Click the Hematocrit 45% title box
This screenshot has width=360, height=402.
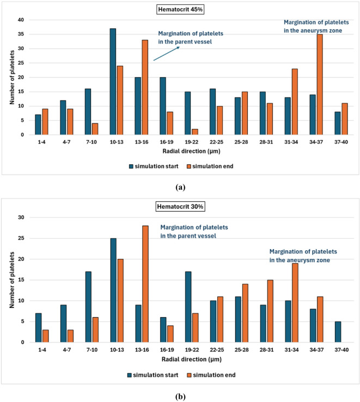point(180,9)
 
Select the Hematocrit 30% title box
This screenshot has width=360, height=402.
point(180,207)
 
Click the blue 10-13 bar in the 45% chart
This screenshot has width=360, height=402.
point(113,82)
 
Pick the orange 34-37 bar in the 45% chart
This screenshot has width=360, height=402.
point(320,85)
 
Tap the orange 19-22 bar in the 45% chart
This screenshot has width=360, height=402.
point(195,132)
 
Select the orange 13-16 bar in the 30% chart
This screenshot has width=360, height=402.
point(145,284)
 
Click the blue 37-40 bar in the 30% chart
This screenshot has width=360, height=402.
point(338,332)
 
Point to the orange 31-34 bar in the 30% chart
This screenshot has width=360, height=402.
point(295,303)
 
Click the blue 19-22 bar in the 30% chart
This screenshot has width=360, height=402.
point(188,307)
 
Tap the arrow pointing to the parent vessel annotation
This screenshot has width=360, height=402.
point(166,54)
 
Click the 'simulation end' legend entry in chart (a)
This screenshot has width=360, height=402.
point(210,166)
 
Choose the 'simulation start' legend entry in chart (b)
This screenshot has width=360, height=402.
point(152,375)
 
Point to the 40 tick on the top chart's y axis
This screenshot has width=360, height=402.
point(21,20)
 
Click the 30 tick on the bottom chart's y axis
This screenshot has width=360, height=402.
point(21,218)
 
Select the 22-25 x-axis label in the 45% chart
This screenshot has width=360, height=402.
point(216,142)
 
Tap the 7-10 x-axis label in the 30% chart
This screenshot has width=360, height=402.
point(92,350)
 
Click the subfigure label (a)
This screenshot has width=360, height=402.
point(180,188)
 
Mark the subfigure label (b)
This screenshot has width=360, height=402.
point(180,397)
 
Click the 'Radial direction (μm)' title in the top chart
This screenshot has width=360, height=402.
point(191,151)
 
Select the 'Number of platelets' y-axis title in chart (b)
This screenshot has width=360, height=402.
point(12,280)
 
